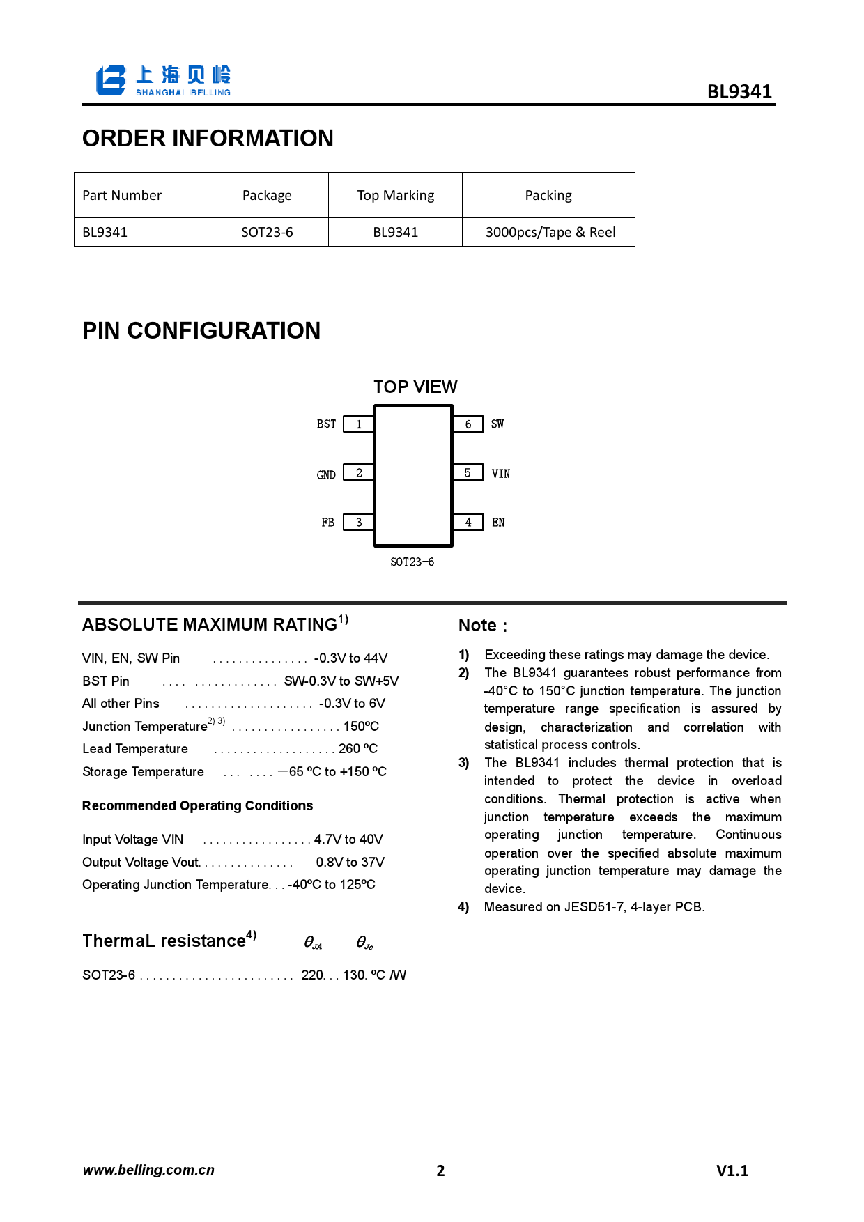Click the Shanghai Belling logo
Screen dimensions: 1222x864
[163, 81]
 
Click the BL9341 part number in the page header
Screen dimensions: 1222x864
[739, 92]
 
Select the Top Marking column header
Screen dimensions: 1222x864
[395, 196]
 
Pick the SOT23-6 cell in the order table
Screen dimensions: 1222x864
[267, 233]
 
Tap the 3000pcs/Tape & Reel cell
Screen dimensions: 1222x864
[550, 233]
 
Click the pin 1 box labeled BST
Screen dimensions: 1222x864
[359, 424]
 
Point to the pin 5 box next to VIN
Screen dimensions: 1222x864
[468, 473]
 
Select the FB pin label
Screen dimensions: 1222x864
[327, 523]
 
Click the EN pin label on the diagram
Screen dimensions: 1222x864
[498, 523]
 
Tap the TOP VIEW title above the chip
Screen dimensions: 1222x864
[415, 387]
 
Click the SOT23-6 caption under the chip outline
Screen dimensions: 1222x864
[412, 562]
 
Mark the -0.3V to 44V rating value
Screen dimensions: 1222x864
[350, 658]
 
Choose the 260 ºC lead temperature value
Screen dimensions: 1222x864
[357, 749]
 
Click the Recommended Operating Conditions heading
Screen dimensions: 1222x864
[197, 806]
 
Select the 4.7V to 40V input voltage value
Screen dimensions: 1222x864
[348, 840]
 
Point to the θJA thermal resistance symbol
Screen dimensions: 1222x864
[313, 943]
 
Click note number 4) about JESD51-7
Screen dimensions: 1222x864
[463, 907]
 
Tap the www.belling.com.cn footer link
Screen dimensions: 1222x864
[148, 1170]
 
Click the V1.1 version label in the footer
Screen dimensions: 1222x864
[732, 1171]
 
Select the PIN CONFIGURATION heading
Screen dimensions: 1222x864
[201, 331]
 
